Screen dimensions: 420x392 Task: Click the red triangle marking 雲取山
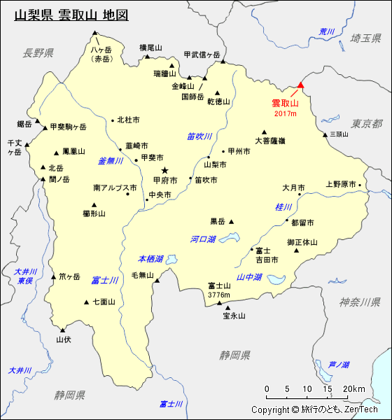[301, 85]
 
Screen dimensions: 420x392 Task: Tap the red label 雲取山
[285, 104]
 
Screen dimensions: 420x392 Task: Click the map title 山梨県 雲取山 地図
[71, 15]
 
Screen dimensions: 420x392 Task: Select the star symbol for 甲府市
[165, 170]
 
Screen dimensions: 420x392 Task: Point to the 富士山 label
[219, 286]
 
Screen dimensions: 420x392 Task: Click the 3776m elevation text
[219, 295]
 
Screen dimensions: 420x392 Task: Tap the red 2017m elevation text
[285, 113]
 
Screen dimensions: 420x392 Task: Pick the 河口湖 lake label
[203, 239]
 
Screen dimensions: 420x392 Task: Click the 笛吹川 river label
[199, 136]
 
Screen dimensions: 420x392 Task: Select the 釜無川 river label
[111, 161]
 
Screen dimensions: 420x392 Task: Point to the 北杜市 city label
[128, 120]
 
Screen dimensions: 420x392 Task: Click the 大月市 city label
[293, 188]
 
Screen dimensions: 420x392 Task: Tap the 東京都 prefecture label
[367, 124]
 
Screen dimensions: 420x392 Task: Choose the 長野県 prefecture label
[37, 53]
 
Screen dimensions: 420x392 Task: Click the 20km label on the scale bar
[353, 389]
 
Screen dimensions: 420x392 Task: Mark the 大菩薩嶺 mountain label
[269, 141]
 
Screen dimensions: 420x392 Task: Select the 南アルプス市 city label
[115, 188]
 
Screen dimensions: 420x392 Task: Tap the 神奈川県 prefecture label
[360, 302]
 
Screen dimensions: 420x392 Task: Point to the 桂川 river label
[283, 207]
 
